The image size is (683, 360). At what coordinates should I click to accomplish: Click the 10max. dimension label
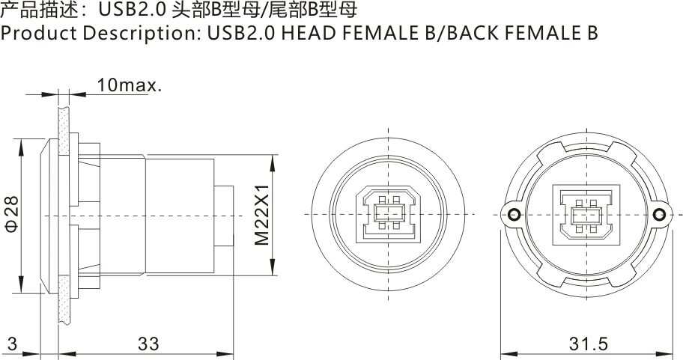[129, 85]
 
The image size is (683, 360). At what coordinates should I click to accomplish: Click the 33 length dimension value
[148, 344]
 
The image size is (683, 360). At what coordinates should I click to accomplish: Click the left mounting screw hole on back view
[514, 216]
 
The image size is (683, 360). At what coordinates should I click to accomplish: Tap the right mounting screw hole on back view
[659, 216]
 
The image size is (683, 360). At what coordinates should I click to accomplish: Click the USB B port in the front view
[387, 215]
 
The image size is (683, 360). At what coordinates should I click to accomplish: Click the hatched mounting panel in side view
[64, 217]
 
